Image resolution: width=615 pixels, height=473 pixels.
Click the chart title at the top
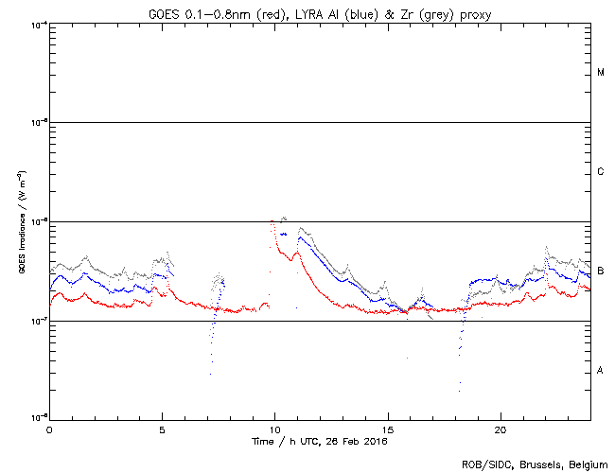tap(320, 11)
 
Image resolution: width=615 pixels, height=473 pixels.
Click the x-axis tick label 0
tap(49, 429)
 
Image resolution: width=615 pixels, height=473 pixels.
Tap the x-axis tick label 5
tap(162, 429)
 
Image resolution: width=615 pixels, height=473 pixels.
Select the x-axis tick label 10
tap(275, 429)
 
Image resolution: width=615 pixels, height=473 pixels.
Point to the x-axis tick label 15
tap(388, 429)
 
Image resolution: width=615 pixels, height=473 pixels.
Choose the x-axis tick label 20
tap(501, 429)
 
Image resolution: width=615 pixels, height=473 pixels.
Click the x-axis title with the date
tap(320, 441)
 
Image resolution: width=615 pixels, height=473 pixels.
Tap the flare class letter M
tap(601, 73)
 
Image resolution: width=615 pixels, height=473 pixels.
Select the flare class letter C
tap(601, 172)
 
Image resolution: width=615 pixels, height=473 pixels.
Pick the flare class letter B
tap(601, 272)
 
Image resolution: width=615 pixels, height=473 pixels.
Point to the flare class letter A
tap(601, 370)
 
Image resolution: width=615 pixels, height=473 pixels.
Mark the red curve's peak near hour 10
tap(272, 221)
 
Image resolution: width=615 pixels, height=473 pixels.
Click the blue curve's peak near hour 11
tap(300, 236)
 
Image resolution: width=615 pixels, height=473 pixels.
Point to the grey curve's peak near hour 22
tap(547, 247)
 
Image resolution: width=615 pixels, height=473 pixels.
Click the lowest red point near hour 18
tap(459, 389)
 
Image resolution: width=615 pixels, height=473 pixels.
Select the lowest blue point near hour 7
tap(210, 374)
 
